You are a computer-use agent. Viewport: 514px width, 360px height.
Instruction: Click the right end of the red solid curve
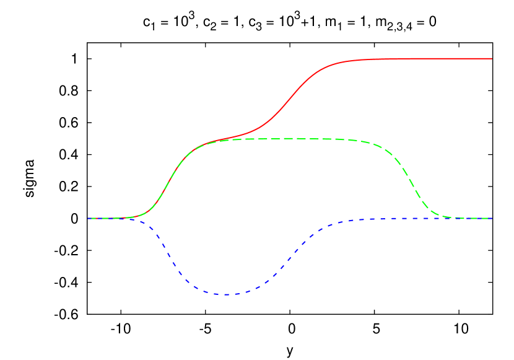(x=492, y=58)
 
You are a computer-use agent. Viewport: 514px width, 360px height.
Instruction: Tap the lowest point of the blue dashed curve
(x=227, y=294)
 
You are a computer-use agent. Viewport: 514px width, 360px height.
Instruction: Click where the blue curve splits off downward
(x=139, y=219)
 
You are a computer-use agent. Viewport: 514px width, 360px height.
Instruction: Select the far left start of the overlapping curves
(x=89, y=218)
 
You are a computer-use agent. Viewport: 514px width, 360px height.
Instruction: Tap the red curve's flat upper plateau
(x=421, y=59)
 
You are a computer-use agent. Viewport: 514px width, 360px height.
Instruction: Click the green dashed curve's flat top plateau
(x=297, y=138)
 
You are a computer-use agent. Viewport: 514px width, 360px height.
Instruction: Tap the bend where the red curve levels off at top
(x=338, y=63)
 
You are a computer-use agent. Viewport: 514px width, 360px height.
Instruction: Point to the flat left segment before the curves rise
(x=111, y=218)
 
